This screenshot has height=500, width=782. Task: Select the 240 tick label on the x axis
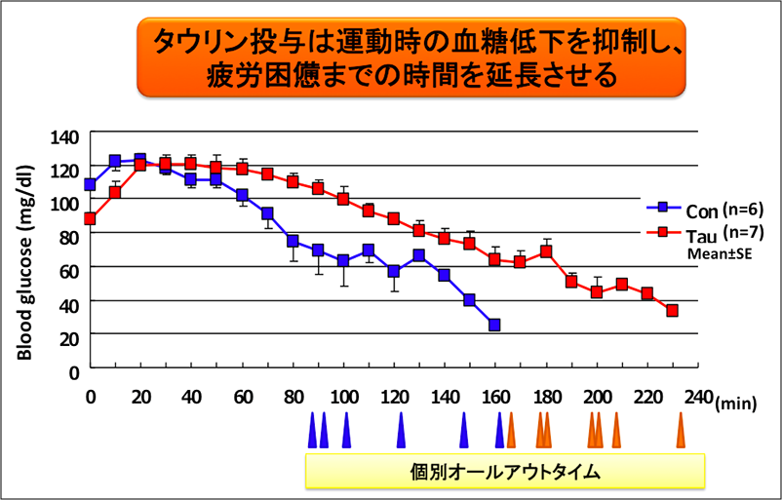click(x=698, y=398)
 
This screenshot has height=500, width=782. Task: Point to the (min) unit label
click(x=736, y=402)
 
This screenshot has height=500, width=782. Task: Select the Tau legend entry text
click(x=700, y=235)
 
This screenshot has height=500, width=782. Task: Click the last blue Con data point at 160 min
click(x=494, y=325)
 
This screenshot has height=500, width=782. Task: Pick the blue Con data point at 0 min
click(x=91, y=185)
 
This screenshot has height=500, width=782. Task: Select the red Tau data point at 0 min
click(x=91, y=218)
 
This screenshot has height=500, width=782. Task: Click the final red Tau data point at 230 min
click(x=672, y=311)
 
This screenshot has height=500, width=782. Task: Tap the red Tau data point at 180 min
click(x=546, y=251)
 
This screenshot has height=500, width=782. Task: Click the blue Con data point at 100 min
click(x=343, y=261)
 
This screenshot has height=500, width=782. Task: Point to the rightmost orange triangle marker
click(x=682, y=431)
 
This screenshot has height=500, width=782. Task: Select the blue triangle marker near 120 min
click(x=401, y=431)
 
